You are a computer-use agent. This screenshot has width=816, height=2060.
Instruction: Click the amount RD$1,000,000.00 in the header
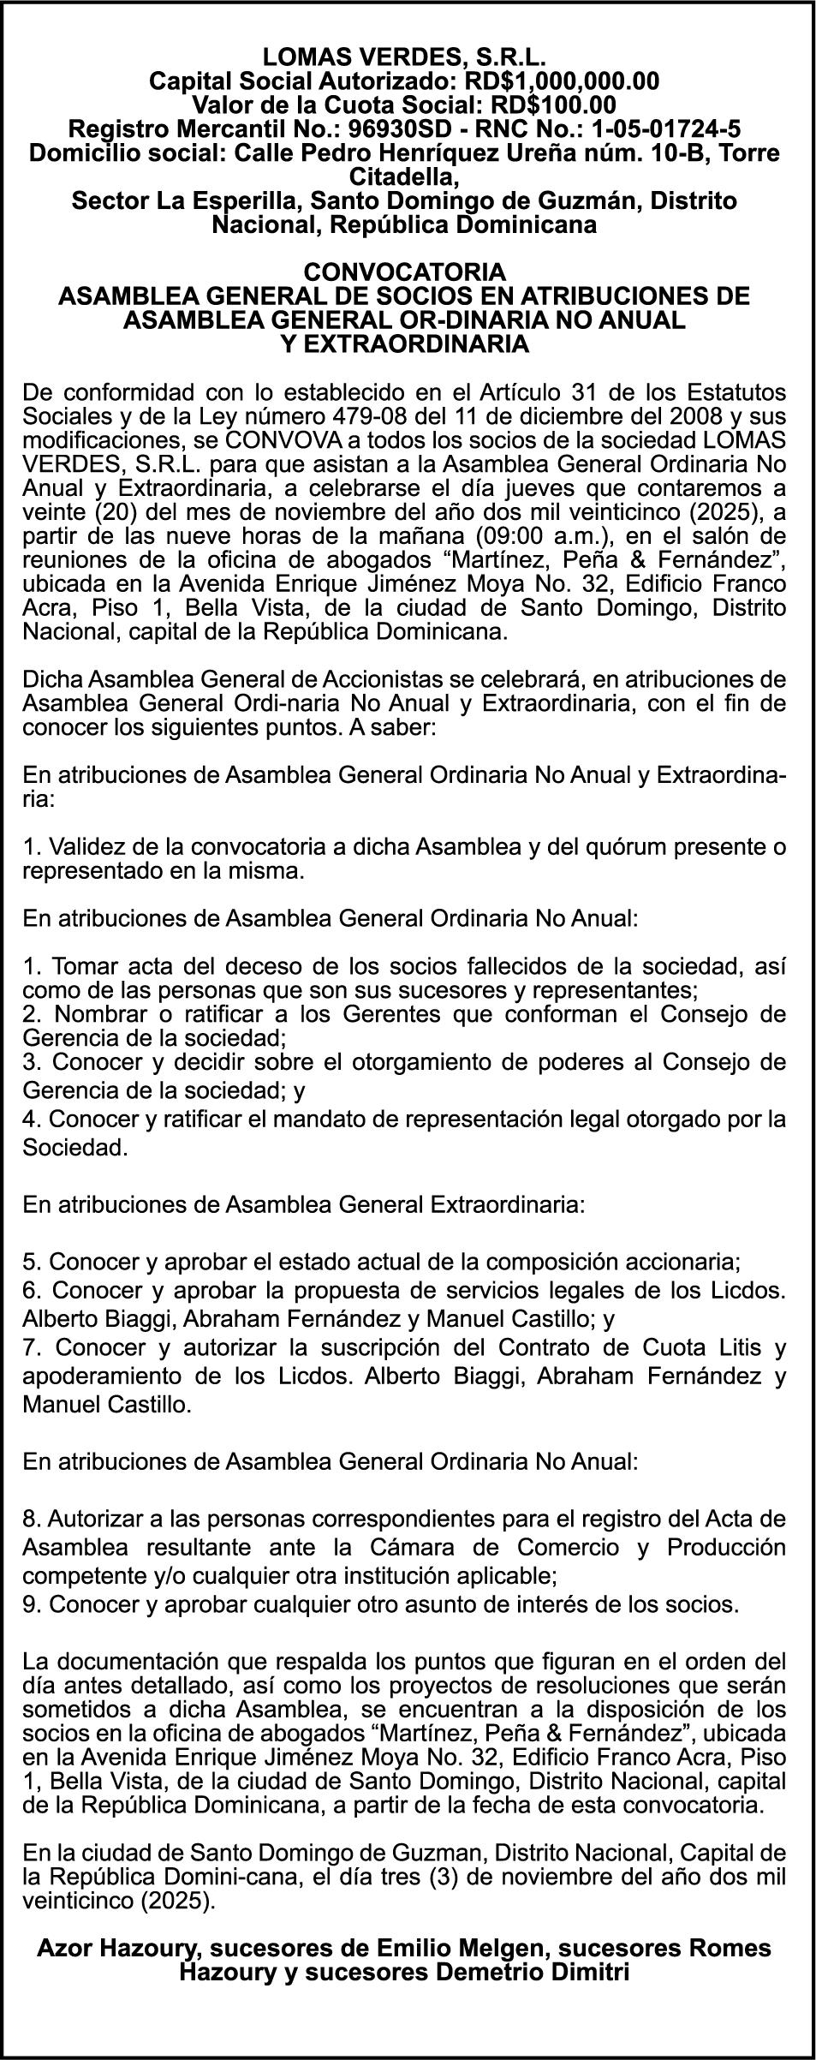coord(561,81)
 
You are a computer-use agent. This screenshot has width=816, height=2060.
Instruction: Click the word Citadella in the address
coord(406,178)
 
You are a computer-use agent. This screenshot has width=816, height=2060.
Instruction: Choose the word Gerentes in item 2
coord(426,1015)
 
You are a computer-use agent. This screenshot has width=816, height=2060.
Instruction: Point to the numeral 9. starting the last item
coord(33,1603)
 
